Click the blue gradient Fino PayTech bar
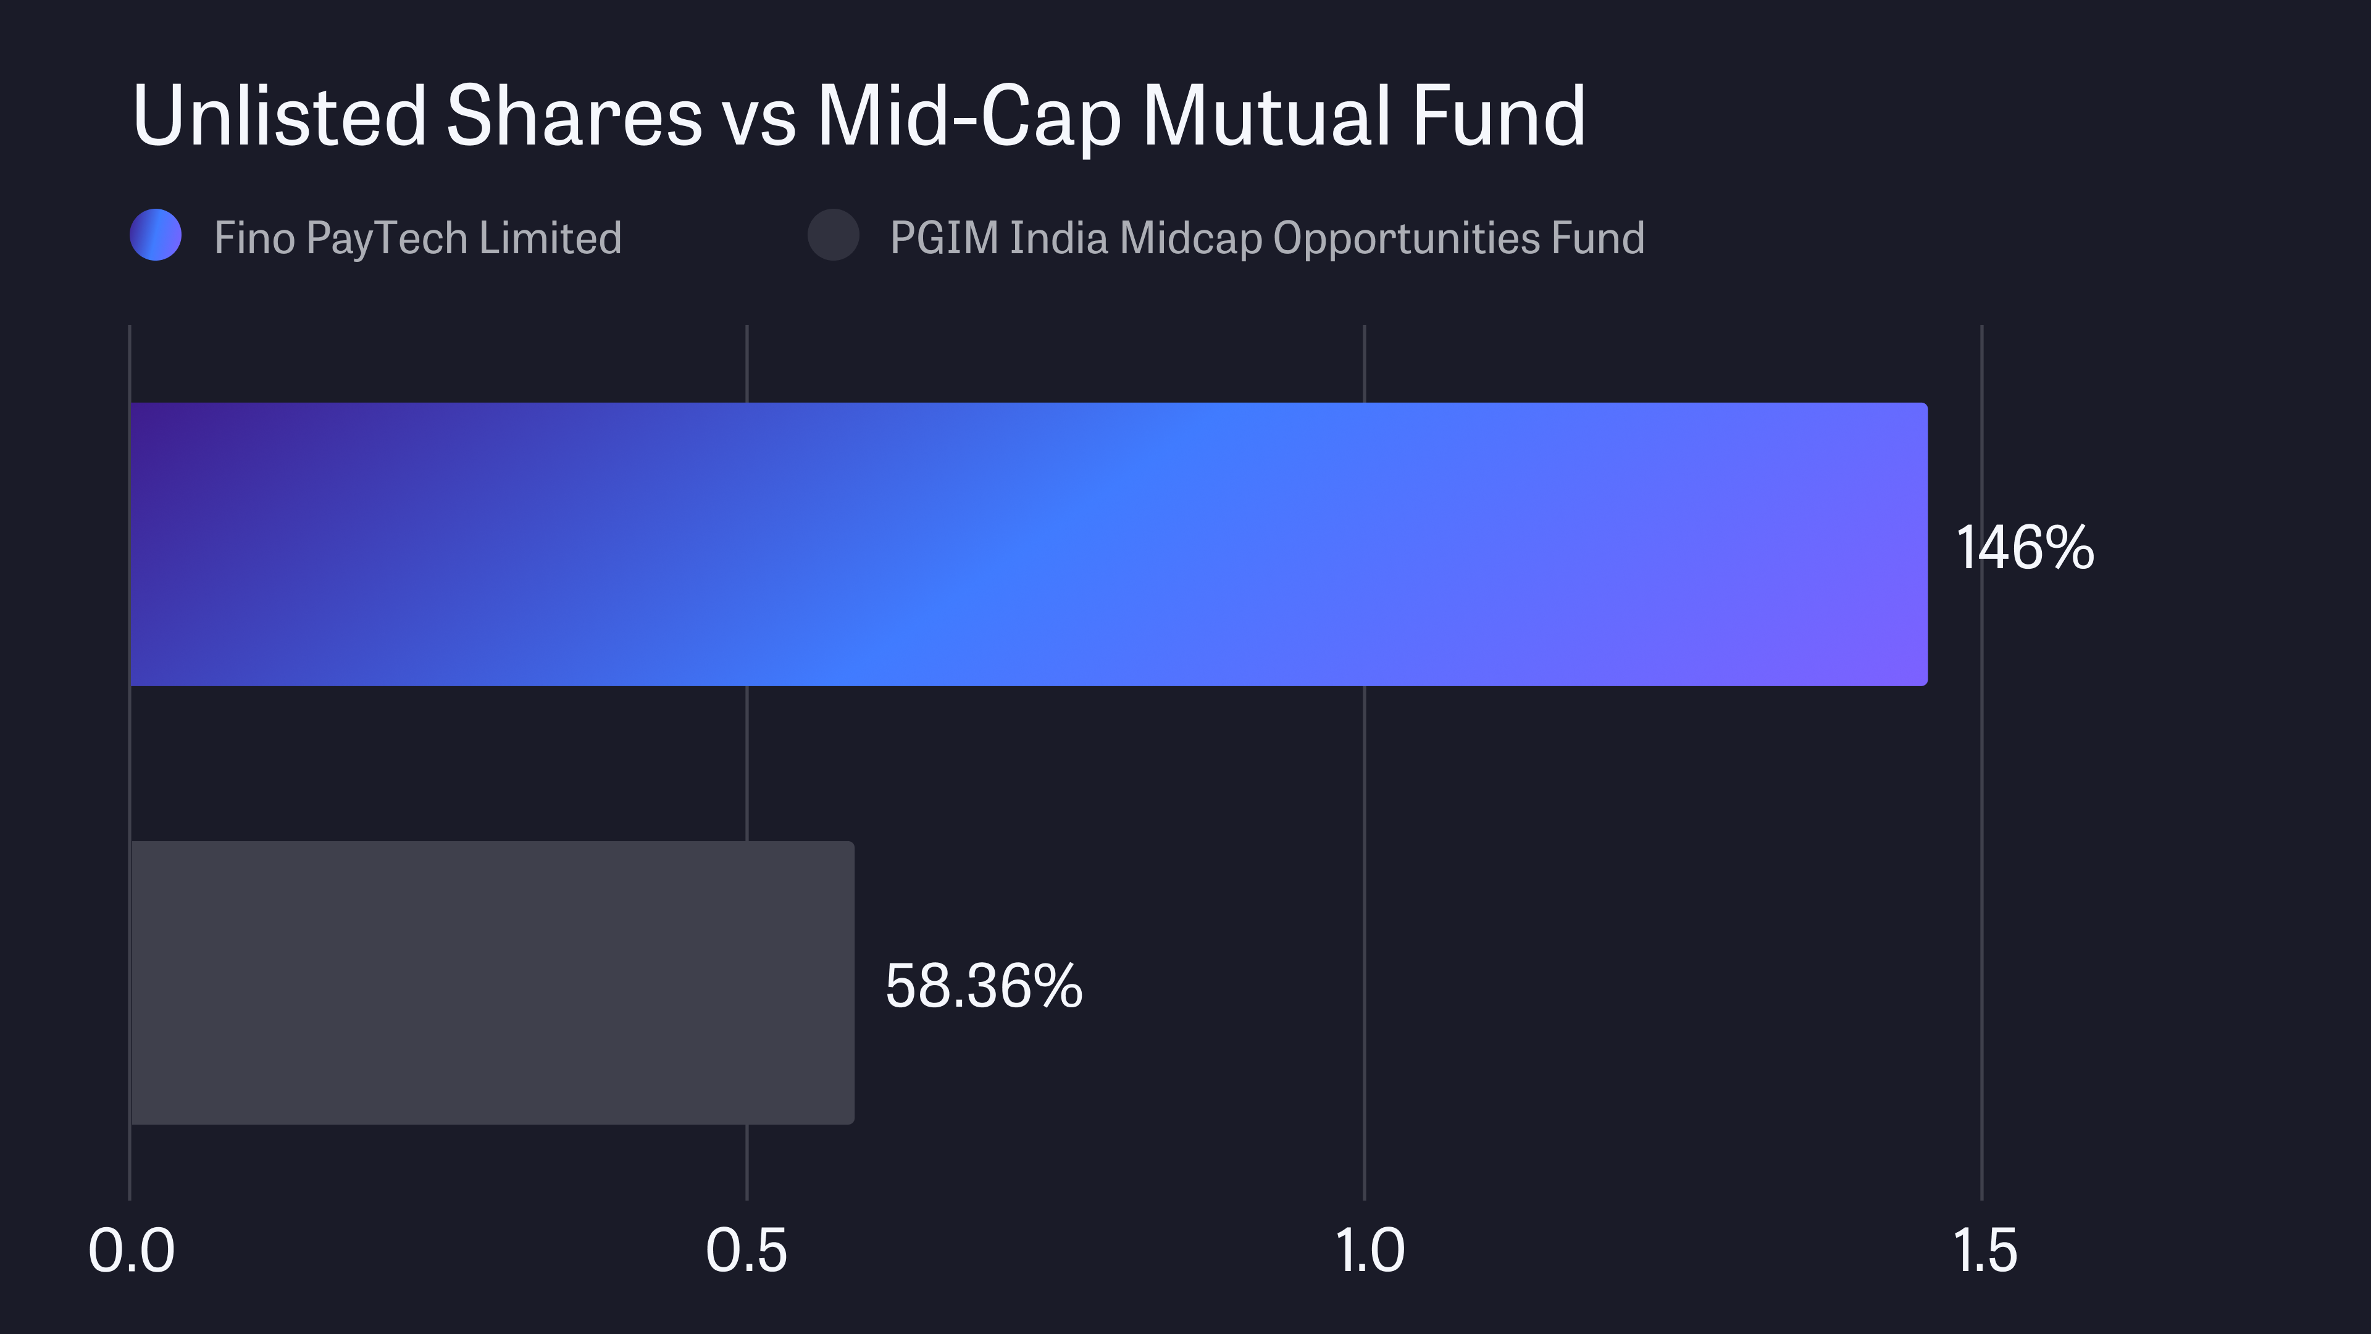[1028, 544]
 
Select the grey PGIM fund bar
[493, 983]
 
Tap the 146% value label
[2024, 548]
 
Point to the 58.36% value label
[983, 987]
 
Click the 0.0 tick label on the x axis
[131, 1251]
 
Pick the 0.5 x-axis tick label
[746, 1251]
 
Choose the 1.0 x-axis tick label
[1369, 1251]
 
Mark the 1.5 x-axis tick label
[1984, 1251]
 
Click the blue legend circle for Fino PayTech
[156, 236]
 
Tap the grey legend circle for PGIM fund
[833, 236]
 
